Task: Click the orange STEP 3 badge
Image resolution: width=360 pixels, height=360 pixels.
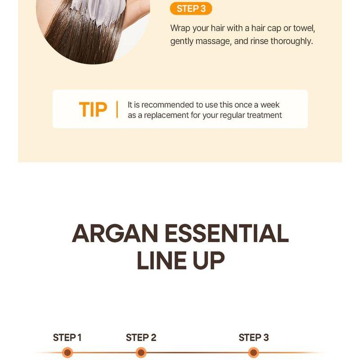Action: [191, 9]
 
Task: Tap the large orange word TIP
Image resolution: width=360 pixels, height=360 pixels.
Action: [93, 109]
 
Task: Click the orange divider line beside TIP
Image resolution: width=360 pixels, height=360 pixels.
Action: [117, 109]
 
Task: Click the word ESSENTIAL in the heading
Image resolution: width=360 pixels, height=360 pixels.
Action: [226, 234]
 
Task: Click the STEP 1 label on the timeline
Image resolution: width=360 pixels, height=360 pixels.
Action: [67, 337]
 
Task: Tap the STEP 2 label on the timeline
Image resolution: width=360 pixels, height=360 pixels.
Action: [141, 337]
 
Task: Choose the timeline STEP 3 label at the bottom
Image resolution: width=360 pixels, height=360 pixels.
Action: [254, 337]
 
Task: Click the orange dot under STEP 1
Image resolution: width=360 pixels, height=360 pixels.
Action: [67, 352]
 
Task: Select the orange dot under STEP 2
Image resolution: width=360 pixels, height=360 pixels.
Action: [141, 352]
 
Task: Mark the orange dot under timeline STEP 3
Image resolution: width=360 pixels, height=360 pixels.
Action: [254, 352]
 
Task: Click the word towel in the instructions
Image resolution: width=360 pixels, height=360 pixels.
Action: [304, 28]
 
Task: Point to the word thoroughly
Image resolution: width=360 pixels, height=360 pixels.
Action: [291, 41]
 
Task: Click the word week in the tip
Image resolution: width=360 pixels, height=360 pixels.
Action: [270, 105]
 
